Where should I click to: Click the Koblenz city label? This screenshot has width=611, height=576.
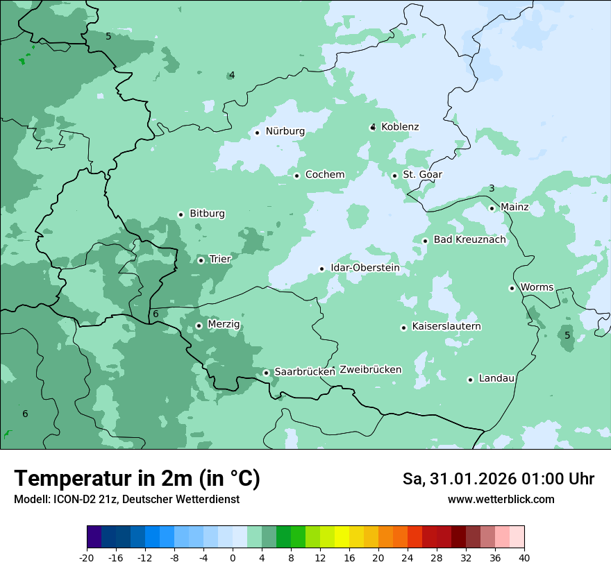(400, 127)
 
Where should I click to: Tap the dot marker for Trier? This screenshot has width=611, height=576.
(201, 260)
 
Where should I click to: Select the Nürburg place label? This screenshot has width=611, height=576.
(285, 131)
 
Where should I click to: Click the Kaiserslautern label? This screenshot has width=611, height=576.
(446, 326)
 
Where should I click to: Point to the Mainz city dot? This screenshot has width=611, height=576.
(492, 208)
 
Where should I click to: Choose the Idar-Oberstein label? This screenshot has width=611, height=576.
(365, 268)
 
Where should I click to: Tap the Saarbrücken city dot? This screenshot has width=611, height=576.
(266, 373)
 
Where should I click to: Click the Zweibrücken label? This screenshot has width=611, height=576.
(370, 369)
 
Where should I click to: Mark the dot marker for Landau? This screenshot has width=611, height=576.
(470, 380)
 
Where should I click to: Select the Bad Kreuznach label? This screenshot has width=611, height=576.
(469, 239)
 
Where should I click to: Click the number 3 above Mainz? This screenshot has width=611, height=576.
(492, 189)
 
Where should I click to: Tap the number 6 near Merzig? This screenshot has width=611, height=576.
(156, 314)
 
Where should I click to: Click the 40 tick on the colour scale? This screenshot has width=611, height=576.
(524, 557)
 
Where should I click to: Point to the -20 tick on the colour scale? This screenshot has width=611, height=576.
(87, 557)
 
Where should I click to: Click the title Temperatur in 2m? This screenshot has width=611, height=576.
(137, 478)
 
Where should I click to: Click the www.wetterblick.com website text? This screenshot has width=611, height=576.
(501, 499)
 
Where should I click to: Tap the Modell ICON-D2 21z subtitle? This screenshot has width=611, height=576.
(126, 499)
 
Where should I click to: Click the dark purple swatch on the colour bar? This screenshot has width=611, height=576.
(94, 536)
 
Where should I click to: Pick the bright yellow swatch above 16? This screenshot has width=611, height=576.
(342, 536)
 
